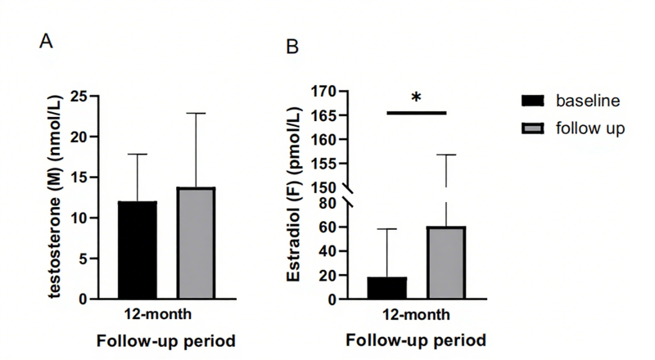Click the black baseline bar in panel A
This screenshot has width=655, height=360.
(138, 250)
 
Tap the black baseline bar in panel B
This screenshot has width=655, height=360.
(386, 288)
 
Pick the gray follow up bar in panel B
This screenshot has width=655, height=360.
(445, 263)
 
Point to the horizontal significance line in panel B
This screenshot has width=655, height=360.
(416, 113)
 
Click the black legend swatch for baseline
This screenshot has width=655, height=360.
(533, 101)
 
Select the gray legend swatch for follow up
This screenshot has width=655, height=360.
(533, 128)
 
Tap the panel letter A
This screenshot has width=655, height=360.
(47, 42)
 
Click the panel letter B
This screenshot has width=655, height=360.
(291, 47)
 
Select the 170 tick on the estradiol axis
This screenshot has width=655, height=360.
(325, 91)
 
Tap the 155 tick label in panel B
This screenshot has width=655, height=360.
(325, 164)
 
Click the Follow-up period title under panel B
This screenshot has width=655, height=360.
(416, 340)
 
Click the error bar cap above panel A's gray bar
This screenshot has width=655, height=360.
(196, 113)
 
